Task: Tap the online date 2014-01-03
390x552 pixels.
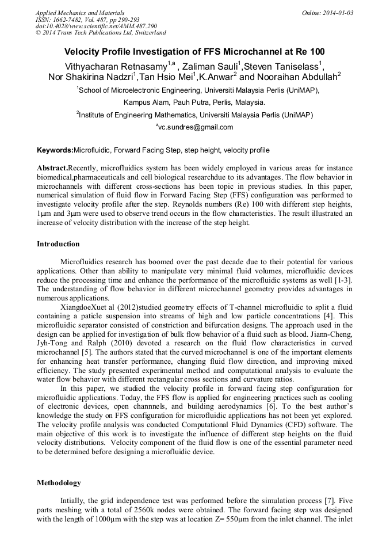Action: (338, 12)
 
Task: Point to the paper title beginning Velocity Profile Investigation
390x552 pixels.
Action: (194, 51)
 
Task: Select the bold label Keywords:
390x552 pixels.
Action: (55, 150)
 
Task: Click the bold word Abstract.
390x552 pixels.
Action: (52, 166)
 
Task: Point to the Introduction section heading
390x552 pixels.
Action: (58, 244)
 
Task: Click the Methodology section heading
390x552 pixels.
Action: (59, 482)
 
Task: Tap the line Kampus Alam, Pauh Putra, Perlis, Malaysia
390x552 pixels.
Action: (194, 102)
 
